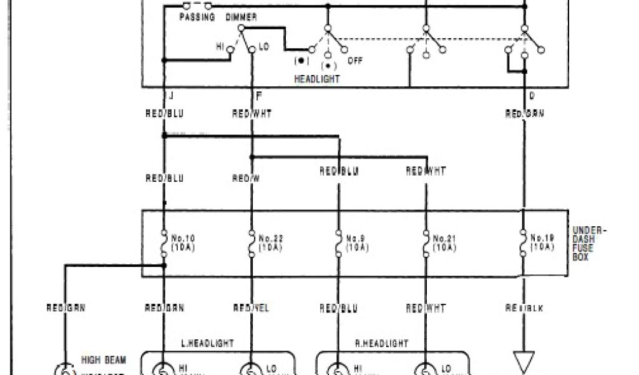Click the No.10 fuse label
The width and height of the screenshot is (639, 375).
pos(186,242)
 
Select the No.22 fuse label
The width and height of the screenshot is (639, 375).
pos(271,242)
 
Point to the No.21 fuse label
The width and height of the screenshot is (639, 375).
pos(445,242)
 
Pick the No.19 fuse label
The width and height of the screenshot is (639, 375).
pos(542,242)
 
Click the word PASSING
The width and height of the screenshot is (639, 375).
pos(197,17)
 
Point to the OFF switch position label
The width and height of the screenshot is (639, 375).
pos(355,61)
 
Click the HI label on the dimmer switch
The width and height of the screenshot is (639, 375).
pos(220,47)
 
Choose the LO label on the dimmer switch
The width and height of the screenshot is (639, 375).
pos(263,47)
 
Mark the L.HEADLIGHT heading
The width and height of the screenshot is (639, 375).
pos(208,343)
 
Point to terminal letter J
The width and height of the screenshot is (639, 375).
pos(170,95)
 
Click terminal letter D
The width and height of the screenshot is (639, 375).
pos(531,95)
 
